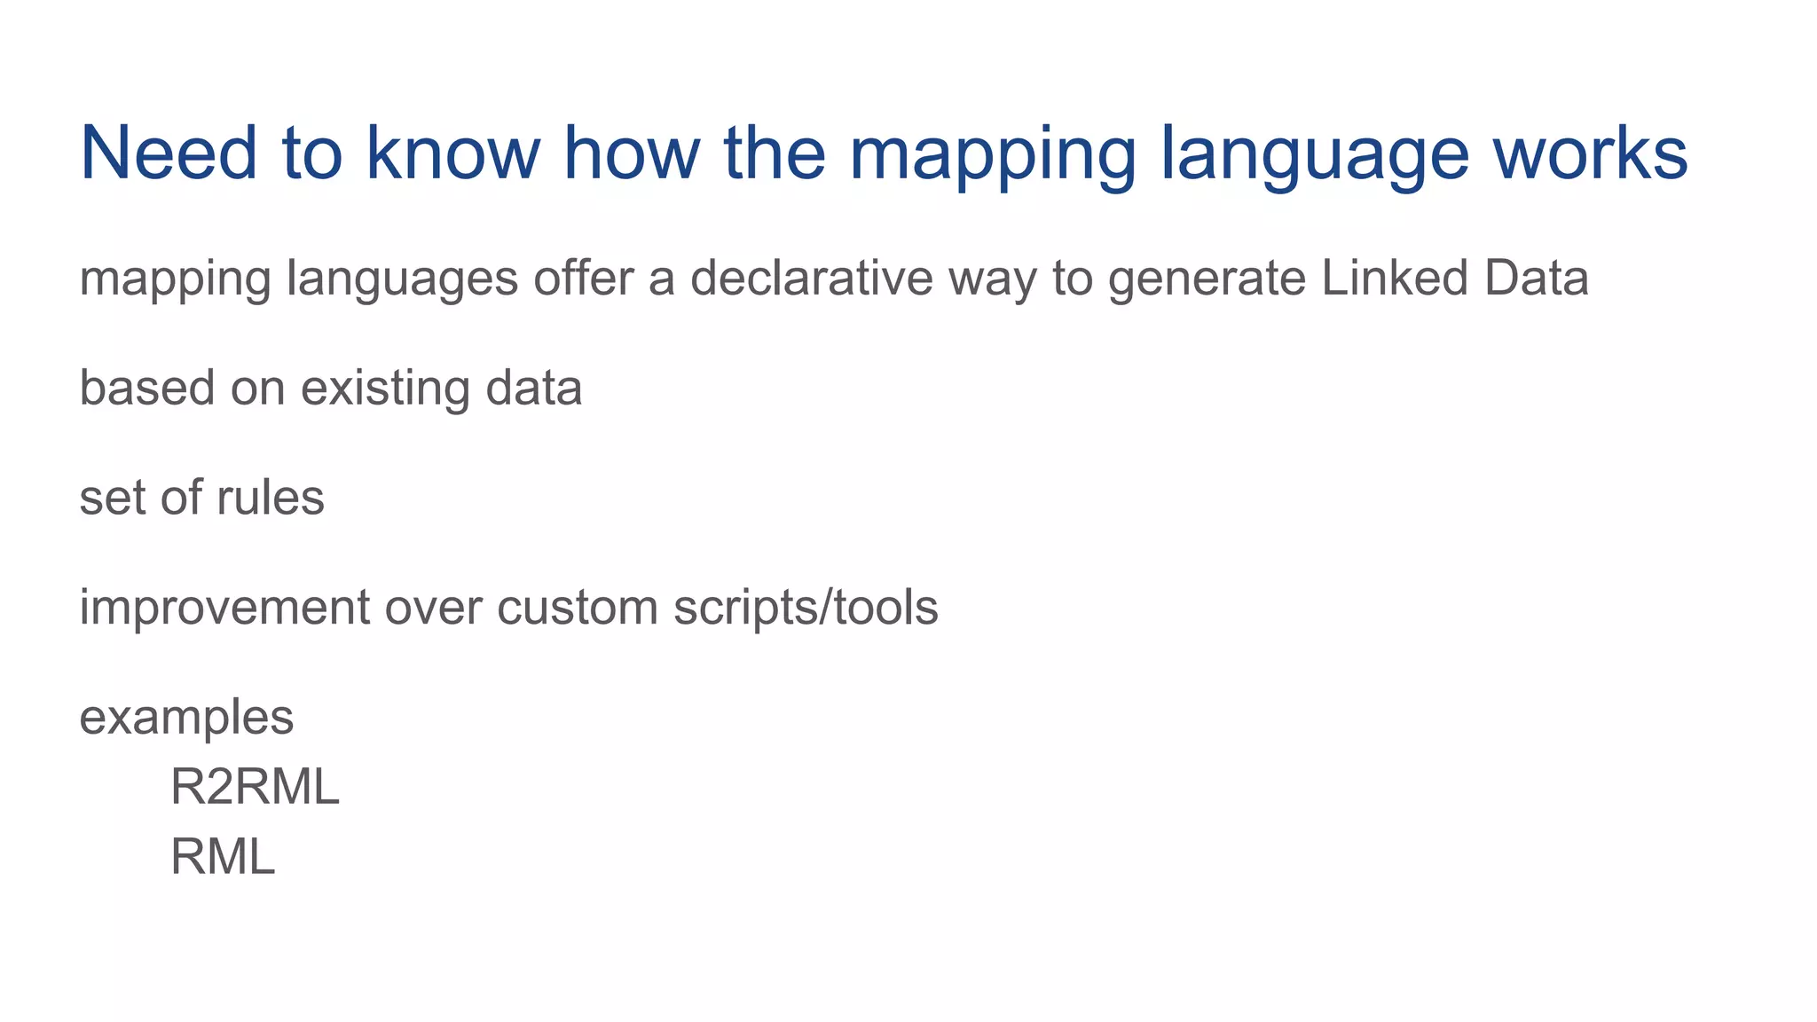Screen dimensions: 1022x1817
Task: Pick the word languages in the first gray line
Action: pos(402,280)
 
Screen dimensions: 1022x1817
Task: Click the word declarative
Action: pos(811,279)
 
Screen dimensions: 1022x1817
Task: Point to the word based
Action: pos(147,388)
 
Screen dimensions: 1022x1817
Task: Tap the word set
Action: pos(113,498)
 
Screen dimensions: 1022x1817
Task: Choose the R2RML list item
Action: pos(255,787)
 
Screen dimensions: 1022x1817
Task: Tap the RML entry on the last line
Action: pos(223,858)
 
